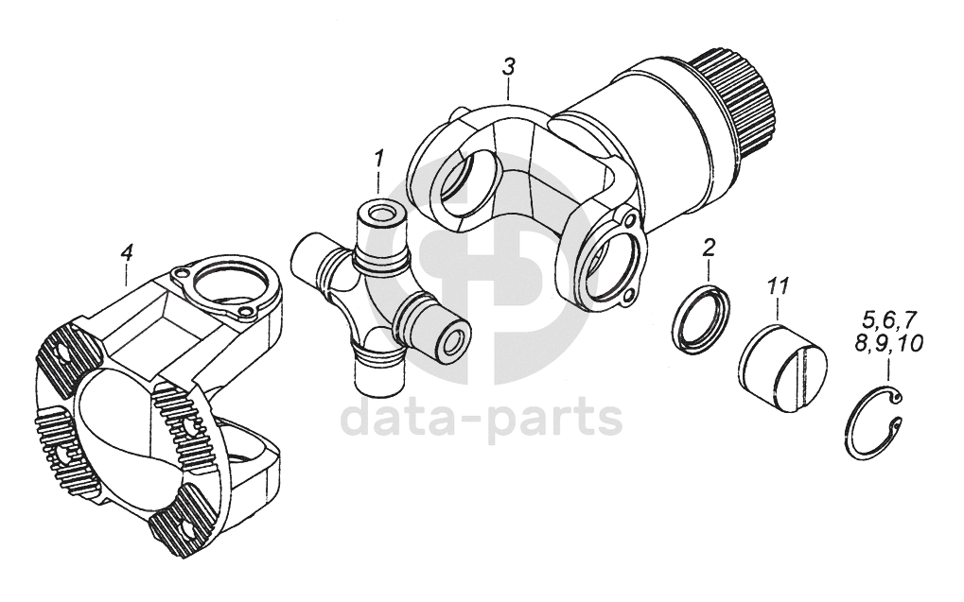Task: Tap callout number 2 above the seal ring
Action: click(709, 249)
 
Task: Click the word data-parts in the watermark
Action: click(482, 417)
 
